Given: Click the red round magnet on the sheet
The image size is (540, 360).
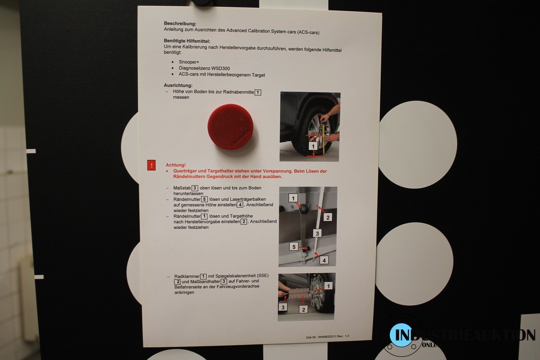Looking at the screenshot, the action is (x=230, y=126).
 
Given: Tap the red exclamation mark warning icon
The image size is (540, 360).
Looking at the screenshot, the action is (x=151, y=165).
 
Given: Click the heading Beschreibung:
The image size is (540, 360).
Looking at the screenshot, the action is (x=180, y=24).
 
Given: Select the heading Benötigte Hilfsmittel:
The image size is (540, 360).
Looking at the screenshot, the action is (x=187, y=41).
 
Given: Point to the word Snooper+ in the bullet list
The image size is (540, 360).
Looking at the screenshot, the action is (x=189, y=62).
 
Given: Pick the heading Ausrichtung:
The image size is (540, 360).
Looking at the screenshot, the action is (x=178, y=85).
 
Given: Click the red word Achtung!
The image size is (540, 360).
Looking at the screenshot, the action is (x=176, y=165).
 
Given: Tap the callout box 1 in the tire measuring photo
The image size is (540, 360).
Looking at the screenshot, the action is (x=313, y=146).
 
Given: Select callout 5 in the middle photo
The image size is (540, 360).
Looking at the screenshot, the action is (x=293, y=247).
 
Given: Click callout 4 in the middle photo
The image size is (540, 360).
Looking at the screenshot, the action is (x=324, y=260).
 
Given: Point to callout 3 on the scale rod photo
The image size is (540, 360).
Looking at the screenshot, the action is (x=317, y=233).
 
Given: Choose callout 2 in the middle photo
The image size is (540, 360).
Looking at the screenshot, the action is (x=328, y=217).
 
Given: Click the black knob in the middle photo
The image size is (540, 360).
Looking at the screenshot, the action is (x=303, y=208).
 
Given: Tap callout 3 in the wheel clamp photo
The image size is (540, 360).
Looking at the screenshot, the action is (x=283, y=307).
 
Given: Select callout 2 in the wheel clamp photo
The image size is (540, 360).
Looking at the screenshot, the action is (x=303, y=309).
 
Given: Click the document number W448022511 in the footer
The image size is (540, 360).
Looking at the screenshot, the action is (x=327, y=337).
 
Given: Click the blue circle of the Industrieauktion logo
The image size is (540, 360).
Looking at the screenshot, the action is (x=401, y=335).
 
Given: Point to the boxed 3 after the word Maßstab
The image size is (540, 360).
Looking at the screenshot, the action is (x=195, y=188).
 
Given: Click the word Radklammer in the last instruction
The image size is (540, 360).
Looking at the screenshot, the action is (x=187, y=276).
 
